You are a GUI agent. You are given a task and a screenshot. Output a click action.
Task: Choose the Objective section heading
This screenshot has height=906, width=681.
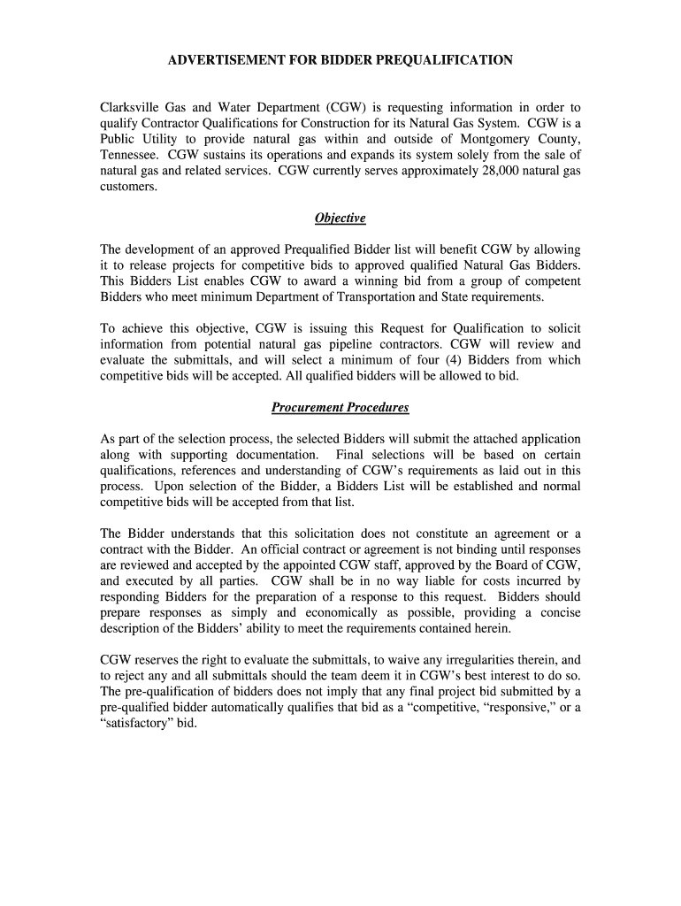340,219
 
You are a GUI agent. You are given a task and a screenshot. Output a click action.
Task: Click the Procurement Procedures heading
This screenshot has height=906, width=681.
340,408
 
